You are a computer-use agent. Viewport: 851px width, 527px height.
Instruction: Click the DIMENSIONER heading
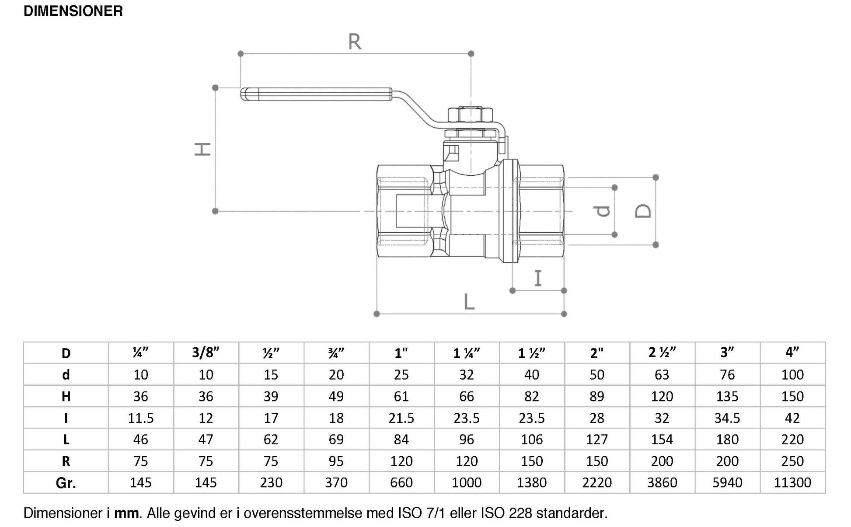click(73, 11)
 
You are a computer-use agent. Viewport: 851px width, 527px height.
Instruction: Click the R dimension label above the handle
click(355, 42)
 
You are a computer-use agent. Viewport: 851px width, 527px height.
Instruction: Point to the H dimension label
click(203, 149)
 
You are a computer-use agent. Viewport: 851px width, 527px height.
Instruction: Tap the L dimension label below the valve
click(469, 301)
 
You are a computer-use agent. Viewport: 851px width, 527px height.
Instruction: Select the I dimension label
click(538, 278)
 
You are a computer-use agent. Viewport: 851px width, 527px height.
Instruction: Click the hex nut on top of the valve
click(471, 115)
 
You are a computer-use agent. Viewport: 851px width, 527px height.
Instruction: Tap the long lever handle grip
click(316, 94)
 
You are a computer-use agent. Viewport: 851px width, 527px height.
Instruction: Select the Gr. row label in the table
click(66, 483)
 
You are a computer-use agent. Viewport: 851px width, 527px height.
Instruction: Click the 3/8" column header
click(206, 352)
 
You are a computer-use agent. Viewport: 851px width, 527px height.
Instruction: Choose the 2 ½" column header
click(662, 352)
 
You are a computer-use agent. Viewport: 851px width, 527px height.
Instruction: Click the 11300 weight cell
click(792, 483)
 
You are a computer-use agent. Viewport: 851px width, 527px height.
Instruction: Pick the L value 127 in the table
click(596, 440)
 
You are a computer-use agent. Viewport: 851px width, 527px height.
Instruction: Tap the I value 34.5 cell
click(727, 418)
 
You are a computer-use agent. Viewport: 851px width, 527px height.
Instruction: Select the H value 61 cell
click(401, 397)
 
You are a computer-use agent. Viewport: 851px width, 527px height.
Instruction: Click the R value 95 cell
click(336, 461)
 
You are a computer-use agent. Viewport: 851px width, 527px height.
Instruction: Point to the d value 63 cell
click(662, 375)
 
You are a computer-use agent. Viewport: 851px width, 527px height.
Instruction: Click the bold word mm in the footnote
click(127, 513)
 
